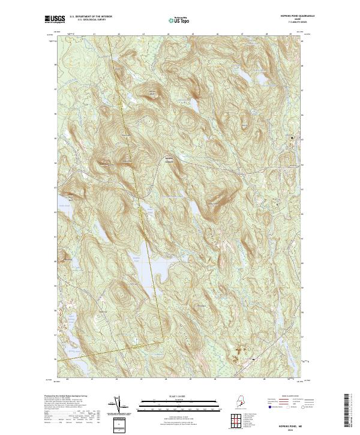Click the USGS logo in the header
(54, 20)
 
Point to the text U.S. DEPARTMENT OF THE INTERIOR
(91, 17)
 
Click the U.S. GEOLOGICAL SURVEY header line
(91, 20)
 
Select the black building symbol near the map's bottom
(254, 359)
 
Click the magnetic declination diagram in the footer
(118, 406)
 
